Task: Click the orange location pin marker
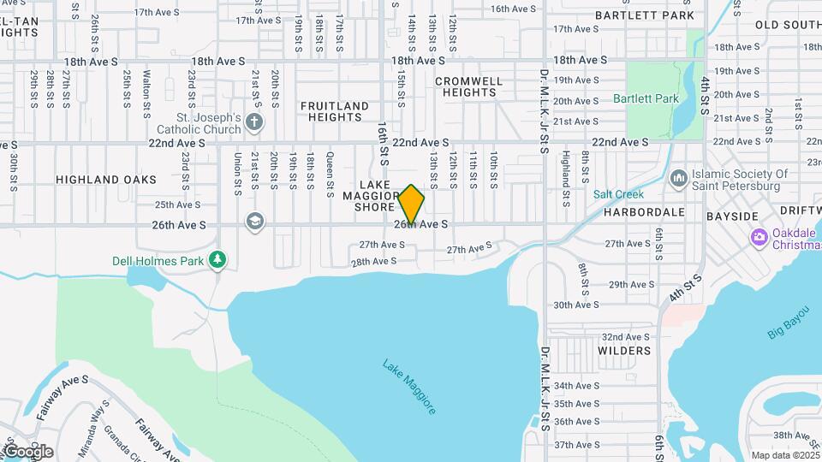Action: click(411, 204)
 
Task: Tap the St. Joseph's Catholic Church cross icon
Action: click(253, 121)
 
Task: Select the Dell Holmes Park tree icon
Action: click(218, 258)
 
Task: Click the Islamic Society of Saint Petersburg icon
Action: click(679, 178)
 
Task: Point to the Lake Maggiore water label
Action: click(409, 388)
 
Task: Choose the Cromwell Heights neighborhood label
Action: click(469, 86)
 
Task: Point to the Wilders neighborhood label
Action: click(624, 351)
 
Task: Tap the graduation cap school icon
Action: click(253, 222)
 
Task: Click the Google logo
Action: click(27, 451)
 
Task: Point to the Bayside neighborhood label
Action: click(732, 216)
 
